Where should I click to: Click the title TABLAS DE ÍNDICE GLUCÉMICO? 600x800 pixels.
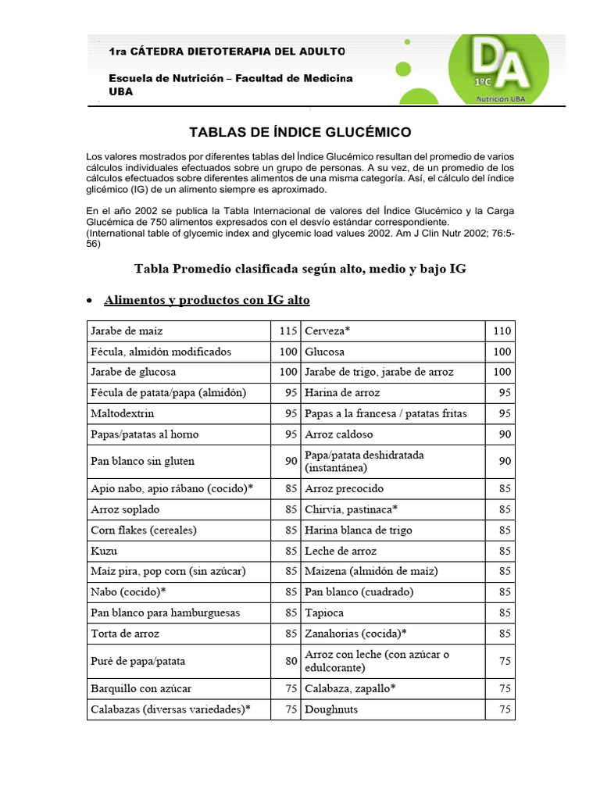click(301, 132)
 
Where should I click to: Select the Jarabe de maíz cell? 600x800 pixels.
click(127, 330)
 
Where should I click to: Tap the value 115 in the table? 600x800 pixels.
click(288, 330)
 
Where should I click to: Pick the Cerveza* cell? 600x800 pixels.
click(327, 330)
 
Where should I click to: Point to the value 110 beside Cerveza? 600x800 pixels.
click(502, 330)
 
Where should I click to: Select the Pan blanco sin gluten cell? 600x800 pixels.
click(142, 461)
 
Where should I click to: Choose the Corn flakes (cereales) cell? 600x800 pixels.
click(143, 530)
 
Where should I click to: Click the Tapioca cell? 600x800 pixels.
click(324, 612)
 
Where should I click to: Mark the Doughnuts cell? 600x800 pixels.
click(331, 709)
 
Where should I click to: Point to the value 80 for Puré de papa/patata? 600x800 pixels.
click(291, 661)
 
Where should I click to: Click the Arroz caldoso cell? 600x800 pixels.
click(339, 434)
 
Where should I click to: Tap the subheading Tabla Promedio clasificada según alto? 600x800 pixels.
click(301, 269)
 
